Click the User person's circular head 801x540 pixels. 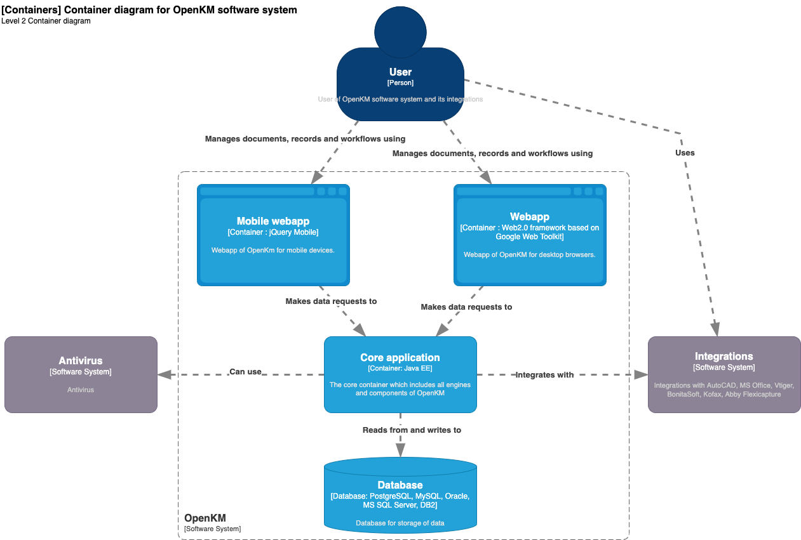click(x=400, y=31)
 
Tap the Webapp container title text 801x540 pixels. click(x=529, y=217)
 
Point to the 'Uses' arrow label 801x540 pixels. click(x=685, y=153)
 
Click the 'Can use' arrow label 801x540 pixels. click(x=245, y=372)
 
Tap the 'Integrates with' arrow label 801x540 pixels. click(x=544, y=375)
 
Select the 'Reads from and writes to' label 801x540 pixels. click(x=412, y=430)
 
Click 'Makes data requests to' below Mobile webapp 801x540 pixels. click(x=331, y=301)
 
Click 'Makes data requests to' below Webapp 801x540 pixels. click(x=466, y=307)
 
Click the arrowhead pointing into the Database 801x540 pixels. click(x=400, y=450)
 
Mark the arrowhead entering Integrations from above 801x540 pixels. click(x=715, y=329)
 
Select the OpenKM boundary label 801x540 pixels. click(x=205, y=518)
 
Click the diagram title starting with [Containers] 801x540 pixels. click(x=149, y=10)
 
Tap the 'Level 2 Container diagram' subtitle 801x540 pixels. click(x=46, y=21)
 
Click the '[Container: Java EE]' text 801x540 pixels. click(x=400, y=368)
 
